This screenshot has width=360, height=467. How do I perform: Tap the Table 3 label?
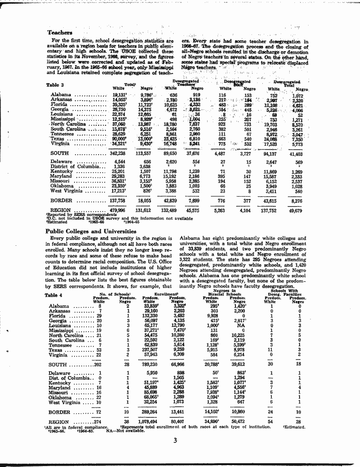pos(56,85)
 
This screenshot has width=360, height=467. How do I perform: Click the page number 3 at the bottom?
pos(175,441)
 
